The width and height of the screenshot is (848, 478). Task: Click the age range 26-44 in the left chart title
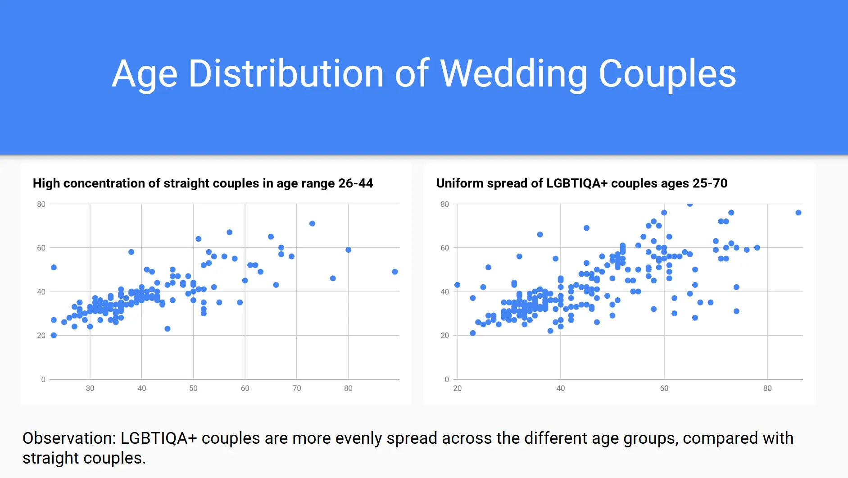[x=355, y=183]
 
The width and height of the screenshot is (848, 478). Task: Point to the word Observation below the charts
[x=69, y=438]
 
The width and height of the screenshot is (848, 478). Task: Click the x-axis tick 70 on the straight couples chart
[x=297, y=388]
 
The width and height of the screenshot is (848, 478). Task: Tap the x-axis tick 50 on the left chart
[x=193, y=388]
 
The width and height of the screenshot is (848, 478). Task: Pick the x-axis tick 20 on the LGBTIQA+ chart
[x=458, y=388]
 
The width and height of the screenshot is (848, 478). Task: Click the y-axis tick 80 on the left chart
[x=41, y=204]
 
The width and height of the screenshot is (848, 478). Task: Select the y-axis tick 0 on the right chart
[x=447, y=379]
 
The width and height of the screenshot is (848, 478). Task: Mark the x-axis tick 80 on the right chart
[x=767, y=388]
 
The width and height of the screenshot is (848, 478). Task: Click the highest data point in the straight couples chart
[x=312, y=223]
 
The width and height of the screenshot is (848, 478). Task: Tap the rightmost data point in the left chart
[x=395, y=272]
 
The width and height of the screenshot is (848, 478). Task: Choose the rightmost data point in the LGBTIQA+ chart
[x=798, y=213]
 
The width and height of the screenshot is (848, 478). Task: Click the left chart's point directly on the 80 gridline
[x=348, y=250]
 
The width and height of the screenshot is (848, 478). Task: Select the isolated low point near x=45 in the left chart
[x=168, y=329]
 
